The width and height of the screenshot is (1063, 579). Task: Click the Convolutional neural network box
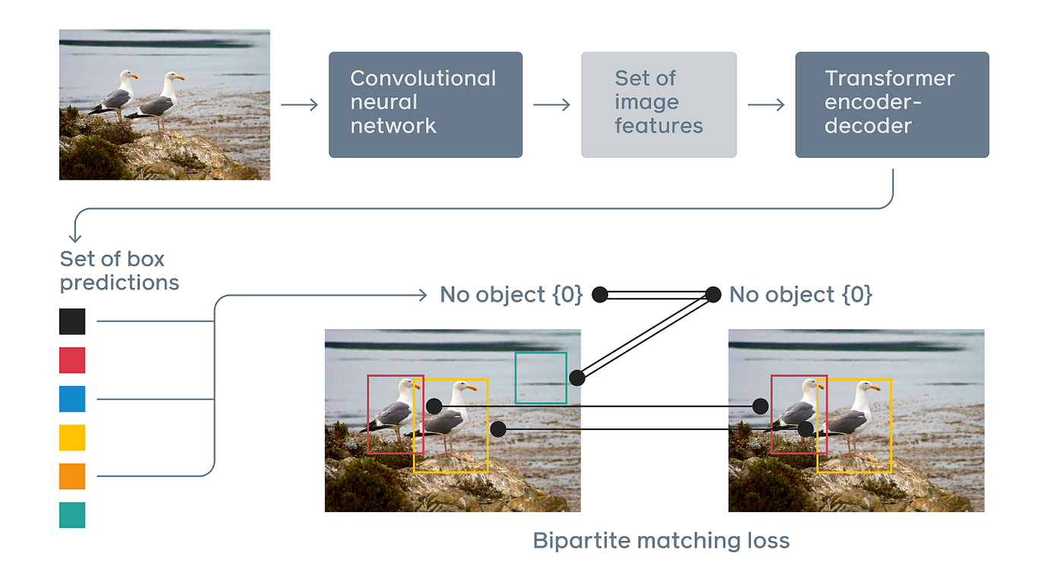(425, 104)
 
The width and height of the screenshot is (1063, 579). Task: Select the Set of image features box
(658, 104)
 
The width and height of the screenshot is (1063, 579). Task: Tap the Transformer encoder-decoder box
(891, 104)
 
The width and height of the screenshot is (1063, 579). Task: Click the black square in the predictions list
(72, 321)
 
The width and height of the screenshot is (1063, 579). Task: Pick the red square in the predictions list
(72, 360)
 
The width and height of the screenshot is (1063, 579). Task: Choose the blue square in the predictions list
(72, 399)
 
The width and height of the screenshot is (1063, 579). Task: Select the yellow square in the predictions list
(72, 438)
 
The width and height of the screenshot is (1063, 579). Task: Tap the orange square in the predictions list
(72, 476)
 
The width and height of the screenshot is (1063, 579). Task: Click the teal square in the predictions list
(72, 515)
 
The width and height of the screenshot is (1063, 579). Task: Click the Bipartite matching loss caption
(661, 541)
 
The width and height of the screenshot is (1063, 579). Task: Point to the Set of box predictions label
(119, 271)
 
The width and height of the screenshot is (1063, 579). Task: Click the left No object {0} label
(510, 295)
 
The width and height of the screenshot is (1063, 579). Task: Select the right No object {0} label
(800, 295)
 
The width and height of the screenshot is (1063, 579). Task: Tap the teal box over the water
(541, 378)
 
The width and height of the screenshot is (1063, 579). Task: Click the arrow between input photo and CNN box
(299, 104)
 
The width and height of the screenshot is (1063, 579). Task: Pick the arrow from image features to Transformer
(765, 104)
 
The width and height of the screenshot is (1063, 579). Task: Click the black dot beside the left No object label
(600, 295)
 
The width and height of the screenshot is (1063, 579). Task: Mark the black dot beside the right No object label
(713, 295)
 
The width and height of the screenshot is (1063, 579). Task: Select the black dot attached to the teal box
(577, 378)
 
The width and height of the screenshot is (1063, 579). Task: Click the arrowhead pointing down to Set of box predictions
(75, 238)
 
